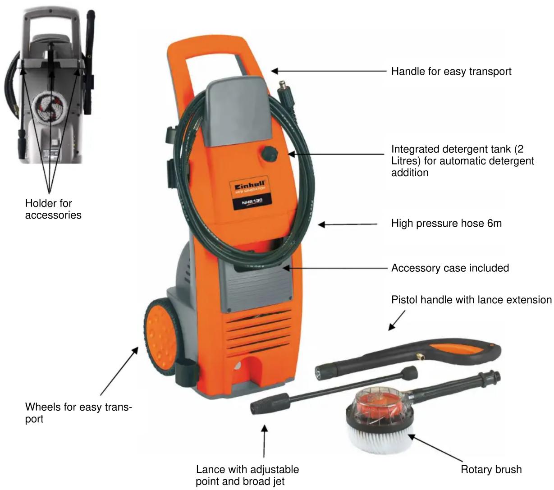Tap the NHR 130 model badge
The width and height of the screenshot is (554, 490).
(x=252, y=202)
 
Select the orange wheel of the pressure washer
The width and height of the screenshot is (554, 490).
(x=161, y=337)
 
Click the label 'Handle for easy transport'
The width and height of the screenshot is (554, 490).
(x=451, y=71)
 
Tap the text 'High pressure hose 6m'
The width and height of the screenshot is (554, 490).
(x=446, y=224)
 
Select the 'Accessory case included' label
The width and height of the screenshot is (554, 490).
(x=450, y=268)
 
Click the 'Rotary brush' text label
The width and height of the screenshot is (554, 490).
(x=491, y=469)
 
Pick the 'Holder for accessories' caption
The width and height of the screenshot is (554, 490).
(x=53, y=209)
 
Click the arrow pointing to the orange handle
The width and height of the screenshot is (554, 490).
(x=329, y=71)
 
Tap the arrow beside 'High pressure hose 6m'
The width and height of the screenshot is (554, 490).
(x=348, y=224)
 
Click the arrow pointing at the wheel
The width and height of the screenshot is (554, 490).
(x=119, y=371)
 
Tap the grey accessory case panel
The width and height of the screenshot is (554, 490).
(x=257, y=287)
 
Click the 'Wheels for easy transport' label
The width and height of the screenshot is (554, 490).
(x=78, y=412)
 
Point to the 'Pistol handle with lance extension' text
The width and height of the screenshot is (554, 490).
(x=472, y=300)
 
